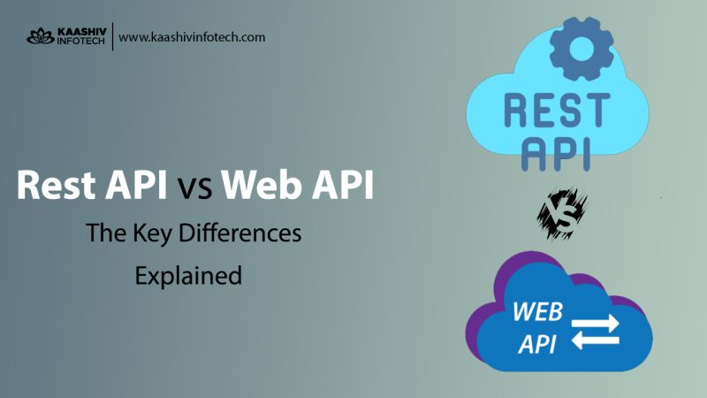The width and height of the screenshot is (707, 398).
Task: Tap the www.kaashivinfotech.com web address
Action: (192, 37)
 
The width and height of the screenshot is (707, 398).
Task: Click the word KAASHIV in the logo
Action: (80, 31)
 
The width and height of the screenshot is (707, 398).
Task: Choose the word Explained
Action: (188, 275)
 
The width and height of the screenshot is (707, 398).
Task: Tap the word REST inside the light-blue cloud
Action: (556, 110)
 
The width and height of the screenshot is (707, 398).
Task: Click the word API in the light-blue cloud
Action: (556, 151)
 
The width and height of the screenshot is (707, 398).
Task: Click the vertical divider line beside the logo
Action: (112, 37)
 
